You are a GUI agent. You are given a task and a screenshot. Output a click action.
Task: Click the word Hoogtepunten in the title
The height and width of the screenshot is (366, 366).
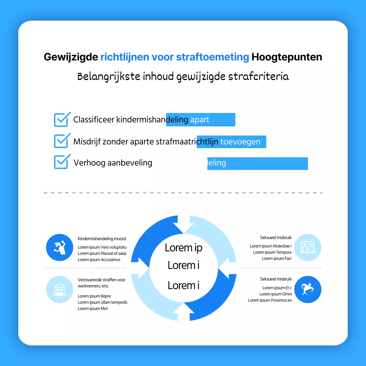[287, 57]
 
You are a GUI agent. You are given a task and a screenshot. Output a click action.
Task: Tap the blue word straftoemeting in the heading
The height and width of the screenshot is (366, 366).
[212, 57]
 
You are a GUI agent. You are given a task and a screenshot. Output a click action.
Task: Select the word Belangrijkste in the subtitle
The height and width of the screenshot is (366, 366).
[109, 77]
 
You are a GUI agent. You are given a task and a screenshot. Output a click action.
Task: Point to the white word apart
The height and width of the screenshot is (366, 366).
[200, 120]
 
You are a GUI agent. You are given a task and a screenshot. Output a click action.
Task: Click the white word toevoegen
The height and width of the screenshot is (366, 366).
[240, 142]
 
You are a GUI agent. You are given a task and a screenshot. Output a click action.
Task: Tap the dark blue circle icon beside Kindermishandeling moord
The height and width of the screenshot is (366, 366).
[60, 247]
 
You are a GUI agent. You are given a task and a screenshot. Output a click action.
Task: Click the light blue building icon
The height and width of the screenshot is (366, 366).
[60, 289]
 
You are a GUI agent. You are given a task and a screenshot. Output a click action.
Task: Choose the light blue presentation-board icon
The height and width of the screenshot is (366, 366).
[308, 247]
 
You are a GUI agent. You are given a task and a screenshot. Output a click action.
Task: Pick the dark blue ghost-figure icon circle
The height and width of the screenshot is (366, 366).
[308, 289]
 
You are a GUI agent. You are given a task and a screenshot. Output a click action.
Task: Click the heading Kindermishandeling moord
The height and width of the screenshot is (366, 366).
[102, 239]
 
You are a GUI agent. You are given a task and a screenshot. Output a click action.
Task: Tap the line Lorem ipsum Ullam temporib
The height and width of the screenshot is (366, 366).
[102, 302]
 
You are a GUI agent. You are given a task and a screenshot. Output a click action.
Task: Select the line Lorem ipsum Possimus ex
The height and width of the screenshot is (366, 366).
[270, 300]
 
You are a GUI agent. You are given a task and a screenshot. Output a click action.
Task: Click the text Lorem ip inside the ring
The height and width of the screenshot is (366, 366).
[184, 248]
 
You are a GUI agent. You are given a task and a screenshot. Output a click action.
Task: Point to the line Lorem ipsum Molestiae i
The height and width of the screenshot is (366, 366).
[270, 246]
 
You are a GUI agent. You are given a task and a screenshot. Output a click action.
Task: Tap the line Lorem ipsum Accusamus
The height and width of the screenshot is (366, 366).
[99, 260]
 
